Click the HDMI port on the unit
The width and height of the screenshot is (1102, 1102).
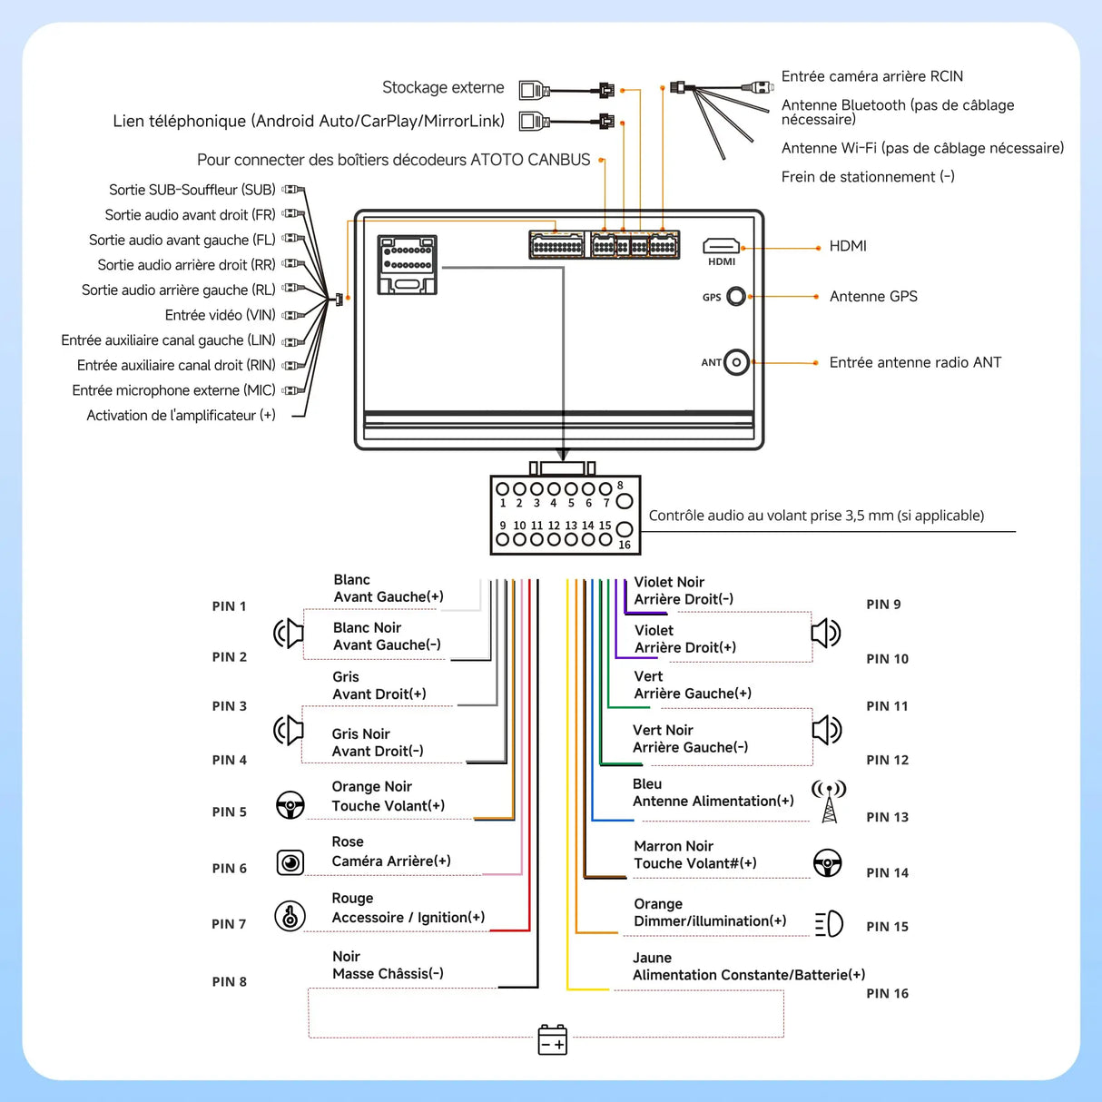pyautogui.click(x=721, y=246)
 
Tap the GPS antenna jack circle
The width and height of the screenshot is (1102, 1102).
pyautogui.click(x=736, y=296)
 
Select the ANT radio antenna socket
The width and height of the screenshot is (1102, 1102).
pyautogui.click(x=736, y=362)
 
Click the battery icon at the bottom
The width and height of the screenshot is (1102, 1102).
pyautogui.click(x=552, y=1040)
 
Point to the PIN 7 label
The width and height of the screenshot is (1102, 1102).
pyautogui.click(x=229, y=924)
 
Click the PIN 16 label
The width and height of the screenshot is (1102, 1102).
pyautogui.click(x=887, y=993)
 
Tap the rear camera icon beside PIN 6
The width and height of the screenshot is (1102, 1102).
pyautogui.click(x=290, y=861)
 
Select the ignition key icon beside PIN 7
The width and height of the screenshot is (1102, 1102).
pyautogui.click(x=290, y=917)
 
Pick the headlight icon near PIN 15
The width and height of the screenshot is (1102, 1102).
pyautogui.click(x=829, y=924)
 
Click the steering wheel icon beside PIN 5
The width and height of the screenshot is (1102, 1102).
pyautogui.click(x=290, y=805)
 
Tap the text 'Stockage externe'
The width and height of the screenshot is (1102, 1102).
pyautogui.click(x=443, y=87)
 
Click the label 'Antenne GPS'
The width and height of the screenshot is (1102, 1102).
pyautogui.click(x=873, y=296)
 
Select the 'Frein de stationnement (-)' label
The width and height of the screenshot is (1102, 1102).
pyautogui.click(x=868, y=176)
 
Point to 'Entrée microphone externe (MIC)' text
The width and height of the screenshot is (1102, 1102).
pyautogui.click(x=173, y=390)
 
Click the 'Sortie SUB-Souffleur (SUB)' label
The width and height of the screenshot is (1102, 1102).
pyautogui.click(x=192, y=190)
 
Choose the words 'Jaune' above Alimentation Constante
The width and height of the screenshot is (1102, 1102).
pyautogui.click(x=652, y=958)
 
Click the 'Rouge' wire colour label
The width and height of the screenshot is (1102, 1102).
pyautogui.click(x=352, y=898)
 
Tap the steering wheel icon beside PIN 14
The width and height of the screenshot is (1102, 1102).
pyautogui.click(x=827, y=863)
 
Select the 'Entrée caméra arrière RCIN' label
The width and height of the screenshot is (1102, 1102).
pyautogui.click(x=872, y=76)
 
